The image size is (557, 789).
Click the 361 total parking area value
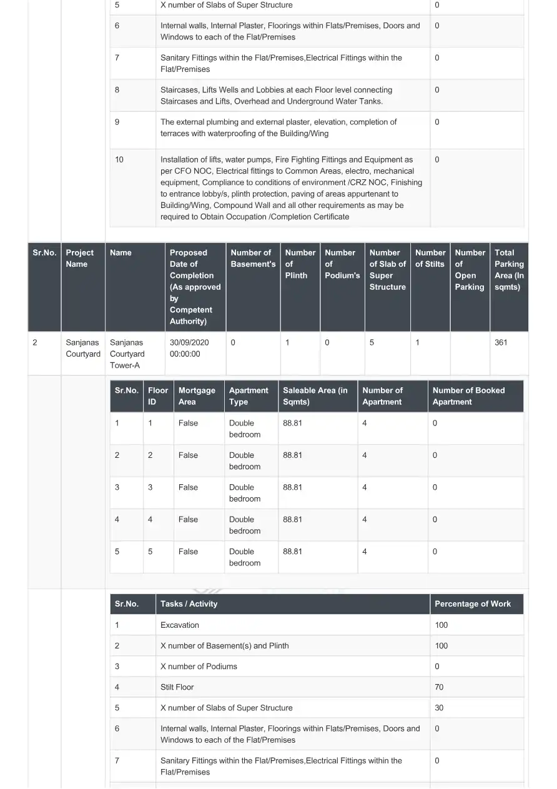pos(501,342)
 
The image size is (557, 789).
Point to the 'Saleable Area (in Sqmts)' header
pos(315,396)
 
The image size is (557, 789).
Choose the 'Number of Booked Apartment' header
pos(468,396)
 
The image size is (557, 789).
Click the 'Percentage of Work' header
pos(473,604)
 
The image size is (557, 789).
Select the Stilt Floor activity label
pos(177,687)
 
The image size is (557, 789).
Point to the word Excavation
pos(180,625)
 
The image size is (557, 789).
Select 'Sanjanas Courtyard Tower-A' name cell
pos(127,354)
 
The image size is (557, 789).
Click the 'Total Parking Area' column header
pos(509,270)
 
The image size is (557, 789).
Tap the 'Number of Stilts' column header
pos(430,259)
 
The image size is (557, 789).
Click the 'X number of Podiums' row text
pos(199,667)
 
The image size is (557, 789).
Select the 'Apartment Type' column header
pos(248,396)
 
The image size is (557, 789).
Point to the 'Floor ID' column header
pos(158,396)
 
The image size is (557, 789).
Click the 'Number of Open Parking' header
pos(470,270)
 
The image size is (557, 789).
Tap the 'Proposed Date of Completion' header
pos(195,287)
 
